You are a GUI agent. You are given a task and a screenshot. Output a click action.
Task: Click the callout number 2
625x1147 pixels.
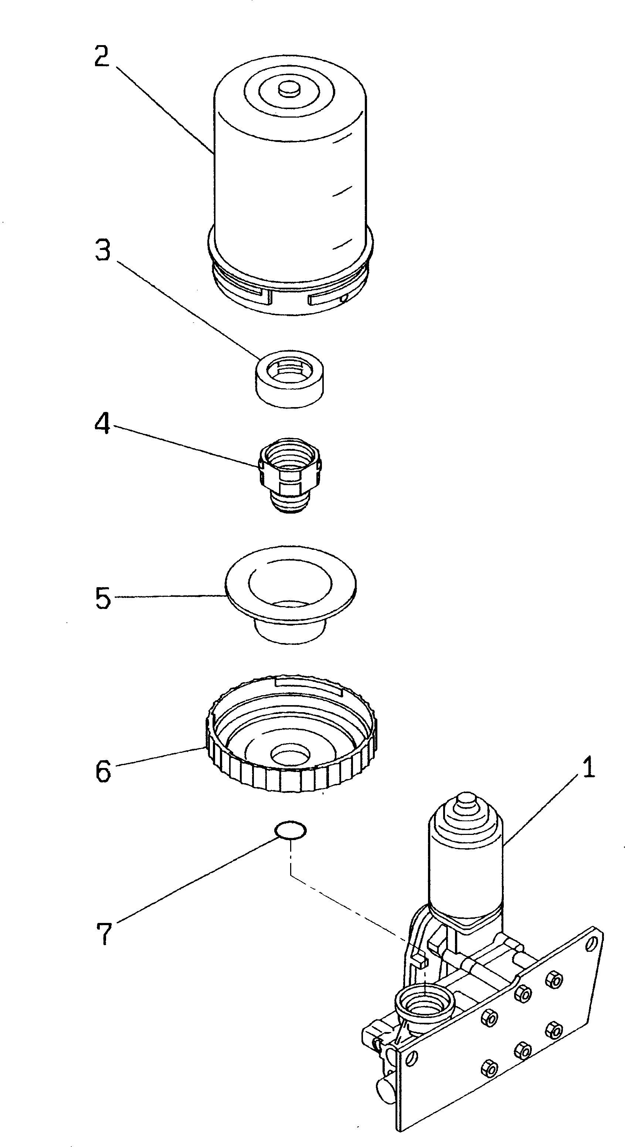[x=102, y=57]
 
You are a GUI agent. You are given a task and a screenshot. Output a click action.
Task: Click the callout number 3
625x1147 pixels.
[x=103, y=250]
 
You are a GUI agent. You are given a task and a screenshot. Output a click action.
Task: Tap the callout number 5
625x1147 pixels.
[x=103, y=598]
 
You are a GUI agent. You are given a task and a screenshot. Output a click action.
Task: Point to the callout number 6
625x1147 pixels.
[x=103, y=771]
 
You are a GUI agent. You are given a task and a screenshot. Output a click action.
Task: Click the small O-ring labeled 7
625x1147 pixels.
[x=290, y=829]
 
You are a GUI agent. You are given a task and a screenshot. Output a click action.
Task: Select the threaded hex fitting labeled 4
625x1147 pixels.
[x=290, y=474]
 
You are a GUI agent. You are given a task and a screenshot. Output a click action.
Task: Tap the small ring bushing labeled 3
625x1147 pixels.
[x=289, y=378]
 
